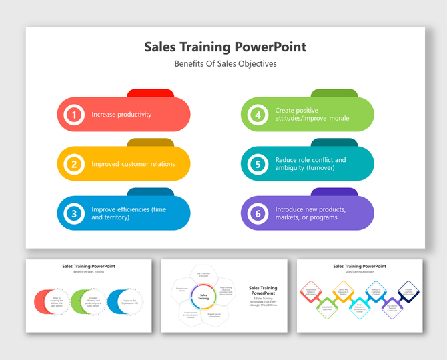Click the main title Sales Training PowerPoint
pyautogui.click(x=226, y=47)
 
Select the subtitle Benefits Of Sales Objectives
pyautogui.click(x=226, y=64)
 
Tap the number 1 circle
pyautogui.click(x=74, y=115)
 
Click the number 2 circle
pyautogui.click(x=74, y=164)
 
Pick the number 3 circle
pyautogui.click(x=74, y=213)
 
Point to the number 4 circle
pyautogui.click(x=258, y=115)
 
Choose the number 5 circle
pyautogui.click(x=258, y=164)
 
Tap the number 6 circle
pyautogui.click(x=258, y=213)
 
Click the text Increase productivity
pyautogui.click(x=121, y=115)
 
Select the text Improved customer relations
pyautogui.click(x=133, y=164)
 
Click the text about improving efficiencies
pyautogui.click(x=129, y=213)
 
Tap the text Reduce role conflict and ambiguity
pyautogui.click(x=310, y=164)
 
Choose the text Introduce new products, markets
pyautogui.click(x=310, y=213)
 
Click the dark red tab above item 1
pyautogui.click(x=150, y=93)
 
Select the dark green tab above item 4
pyautogui.click(x=334, y=93)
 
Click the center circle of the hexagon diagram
pyautogui.click(x=203, y=297)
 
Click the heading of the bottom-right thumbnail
pyautogui.click(x=360, y=266)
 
